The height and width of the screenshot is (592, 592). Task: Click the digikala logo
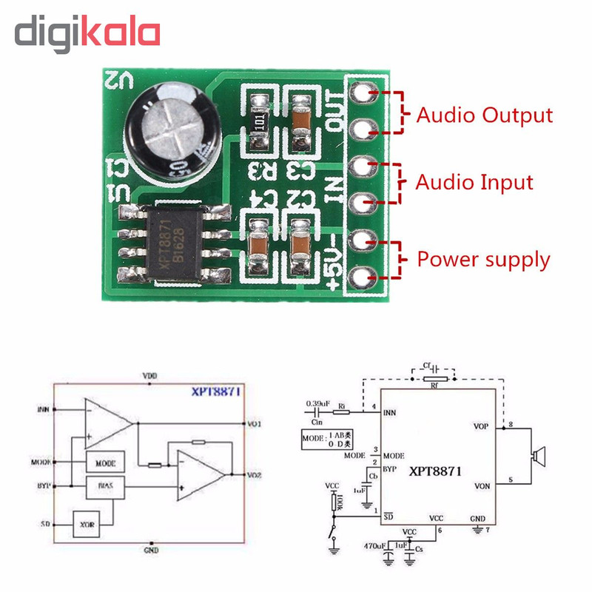click(x=87, y=34)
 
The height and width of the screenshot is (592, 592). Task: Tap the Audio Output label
click(x=484, y=115)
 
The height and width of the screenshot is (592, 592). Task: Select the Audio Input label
click(x=474, y=182)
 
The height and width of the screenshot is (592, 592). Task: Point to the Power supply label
click(x=483, y=260)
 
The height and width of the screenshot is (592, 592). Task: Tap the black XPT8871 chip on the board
click(x=174, y=243)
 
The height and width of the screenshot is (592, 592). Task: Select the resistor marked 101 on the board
click(x=259, y=121)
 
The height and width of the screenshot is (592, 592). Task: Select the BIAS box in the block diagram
click(x=105, y=487)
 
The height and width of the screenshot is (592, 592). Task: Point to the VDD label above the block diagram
click(x=149, y=377)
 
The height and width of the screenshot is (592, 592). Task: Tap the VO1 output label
click(x=253, y=424)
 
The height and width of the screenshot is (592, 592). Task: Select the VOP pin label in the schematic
click(x=481, y=426)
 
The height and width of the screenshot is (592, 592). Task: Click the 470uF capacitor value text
click(x=374, y=546)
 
